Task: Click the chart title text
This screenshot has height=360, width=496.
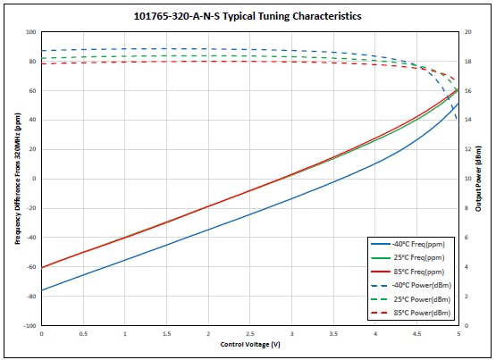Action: tap(248, 15)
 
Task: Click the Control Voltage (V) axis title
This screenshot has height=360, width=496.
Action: tap(249, 344)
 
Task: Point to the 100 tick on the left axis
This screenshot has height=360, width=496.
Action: tap(30, 32)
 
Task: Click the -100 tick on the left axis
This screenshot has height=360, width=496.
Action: tap(29, 326)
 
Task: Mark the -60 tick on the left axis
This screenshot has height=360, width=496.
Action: tap(30, 267)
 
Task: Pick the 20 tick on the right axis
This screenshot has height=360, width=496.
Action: tap(467, 32)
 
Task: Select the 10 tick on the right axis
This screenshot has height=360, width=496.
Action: tap(467, 179)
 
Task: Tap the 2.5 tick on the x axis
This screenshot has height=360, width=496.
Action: tap(250, 334)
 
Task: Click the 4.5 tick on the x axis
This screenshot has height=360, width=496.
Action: tap(416, 334)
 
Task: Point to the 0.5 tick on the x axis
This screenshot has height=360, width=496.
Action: tap(83, 334)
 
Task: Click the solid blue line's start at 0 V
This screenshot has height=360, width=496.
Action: tap(42, 289)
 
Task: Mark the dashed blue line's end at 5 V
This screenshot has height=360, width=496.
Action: tap(458, 120)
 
